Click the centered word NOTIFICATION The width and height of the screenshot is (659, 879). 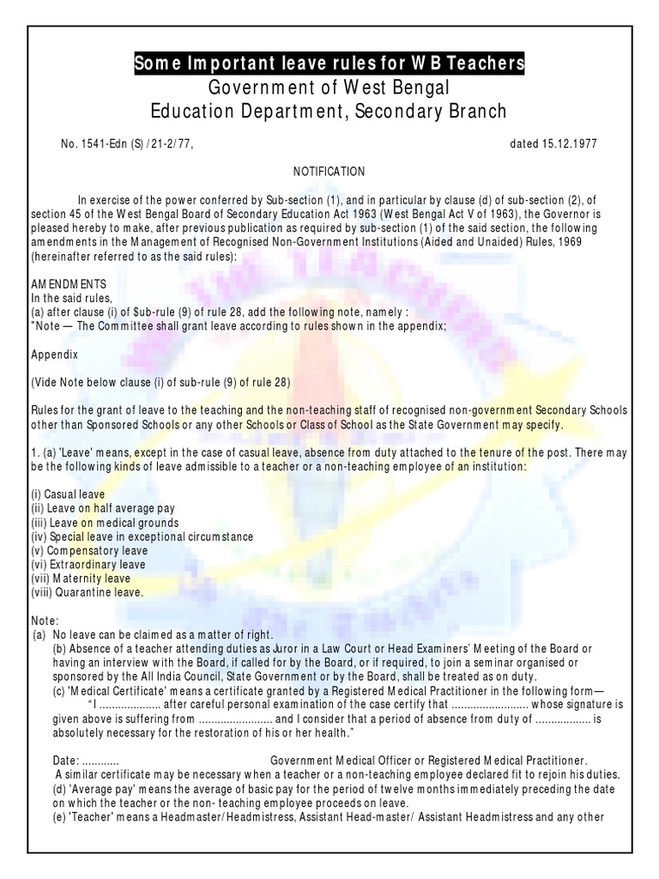(329, 172)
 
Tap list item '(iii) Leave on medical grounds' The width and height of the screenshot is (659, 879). (105, 523)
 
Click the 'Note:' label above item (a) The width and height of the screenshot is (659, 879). (44, 620)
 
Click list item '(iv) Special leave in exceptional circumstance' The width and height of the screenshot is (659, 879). (142, 536)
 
